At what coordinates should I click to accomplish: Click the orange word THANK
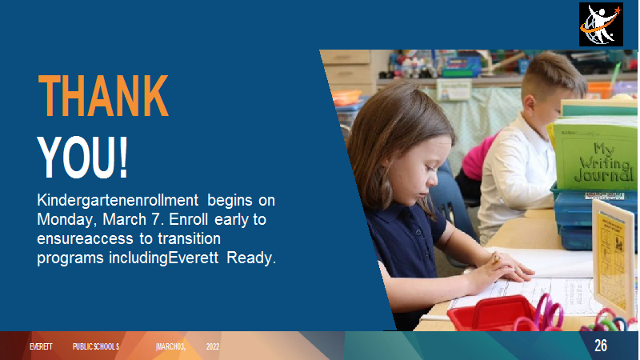point(103,96)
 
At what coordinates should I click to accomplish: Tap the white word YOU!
point(83,157)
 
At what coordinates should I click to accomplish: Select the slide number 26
point(601,346)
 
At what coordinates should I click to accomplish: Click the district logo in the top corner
point(601,24)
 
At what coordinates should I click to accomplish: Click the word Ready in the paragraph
point(251,258)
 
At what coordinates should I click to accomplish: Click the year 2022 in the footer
point(213,346)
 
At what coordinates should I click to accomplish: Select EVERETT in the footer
point(41,346)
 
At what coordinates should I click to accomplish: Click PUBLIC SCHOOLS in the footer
point(96,346)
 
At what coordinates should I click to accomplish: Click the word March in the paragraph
point(125,219)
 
